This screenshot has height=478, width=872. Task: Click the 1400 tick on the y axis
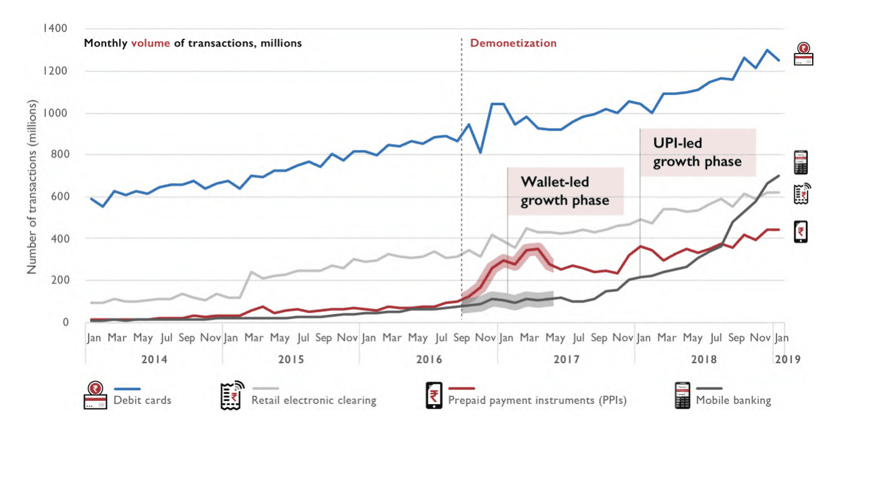tap(55, 29)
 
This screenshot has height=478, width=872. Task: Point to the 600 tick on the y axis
tap(59, 196)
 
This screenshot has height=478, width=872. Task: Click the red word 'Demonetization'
tap(513, 43)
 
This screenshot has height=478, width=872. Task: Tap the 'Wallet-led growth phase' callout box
tap(565, 191)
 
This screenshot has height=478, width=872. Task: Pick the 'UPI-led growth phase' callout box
tap(698, 153)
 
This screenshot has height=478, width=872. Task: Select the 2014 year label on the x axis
tap(154, 359)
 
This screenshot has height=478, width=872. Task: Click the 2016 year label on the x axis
tap(429, 359)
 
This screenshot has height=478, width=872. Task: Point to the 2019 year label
tap(787, 359)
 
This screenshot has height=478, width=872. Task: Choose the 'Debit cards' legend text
tap(142, 401)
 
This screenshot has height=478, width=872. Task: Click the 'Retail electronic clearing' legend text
tap(314, 401)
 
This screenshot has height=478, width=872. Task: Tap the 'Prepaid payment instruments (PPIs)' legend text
tap(537, 401)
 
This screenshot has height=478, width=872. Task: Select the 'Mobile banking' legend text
tap(733, 401)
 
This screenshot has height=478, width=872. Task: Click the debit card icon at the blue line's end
tap(803, 54)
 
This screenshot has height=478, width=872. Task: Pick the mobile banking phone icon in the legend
tap(683, 396)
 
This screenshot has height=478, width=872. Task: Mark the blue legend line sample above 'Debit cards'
tap(127, 388)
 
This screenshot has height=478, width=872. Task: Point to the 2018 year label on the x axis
tap(704, 359)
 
